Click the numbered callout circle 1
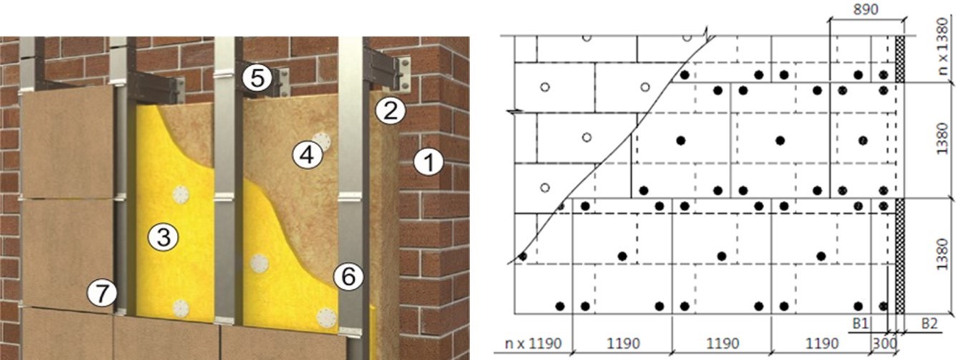[428, 162]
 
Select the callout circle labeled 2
[390, 110]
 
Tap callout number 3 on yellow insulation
[163, 237]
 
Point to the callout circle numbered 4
[308, 155]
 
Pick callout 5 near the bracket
[257, 79]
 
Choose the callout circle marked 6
[348, 276]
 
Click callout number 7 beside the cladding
[102, 293]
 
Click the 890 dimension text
[866, 10]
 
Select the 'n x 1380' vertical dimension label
[942, 47]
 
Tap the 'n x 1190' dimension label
[533, 344]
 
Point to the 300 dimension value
[885, 344]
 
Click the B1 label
[860, 323]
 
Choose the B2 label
[929, 323]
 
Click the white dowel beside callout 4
[322, 141]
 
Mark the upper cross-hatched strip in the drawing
[900, 59]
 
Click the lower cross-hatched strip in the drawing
[900, 256]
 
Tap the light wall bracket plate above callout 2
[403, 75]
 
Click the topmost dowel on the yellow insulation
[181, 195]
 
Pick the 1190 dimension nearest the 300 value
[822, 344]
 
